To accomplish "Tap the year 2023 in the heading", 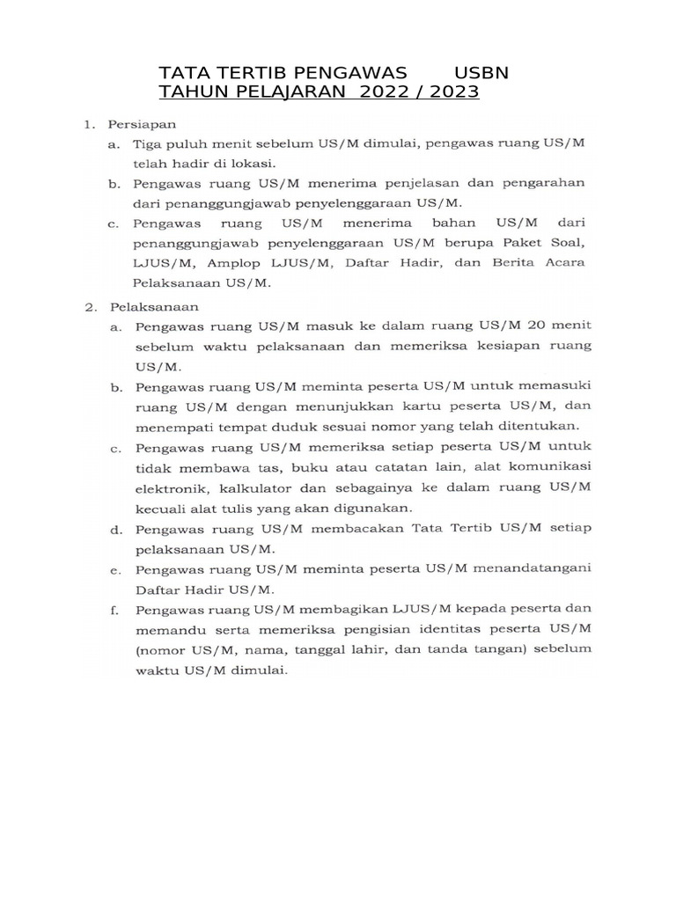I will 452,92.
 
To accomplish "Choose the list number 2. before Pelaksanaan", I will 90,307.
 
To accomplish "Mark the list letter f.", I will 114,609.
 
